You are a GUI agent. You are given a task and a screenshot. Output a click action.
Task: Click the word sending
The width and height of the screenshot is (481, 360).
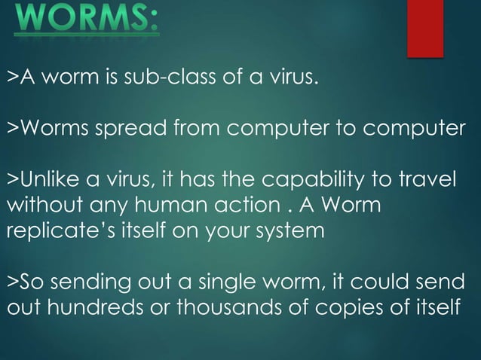click(x=88, y=283)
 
